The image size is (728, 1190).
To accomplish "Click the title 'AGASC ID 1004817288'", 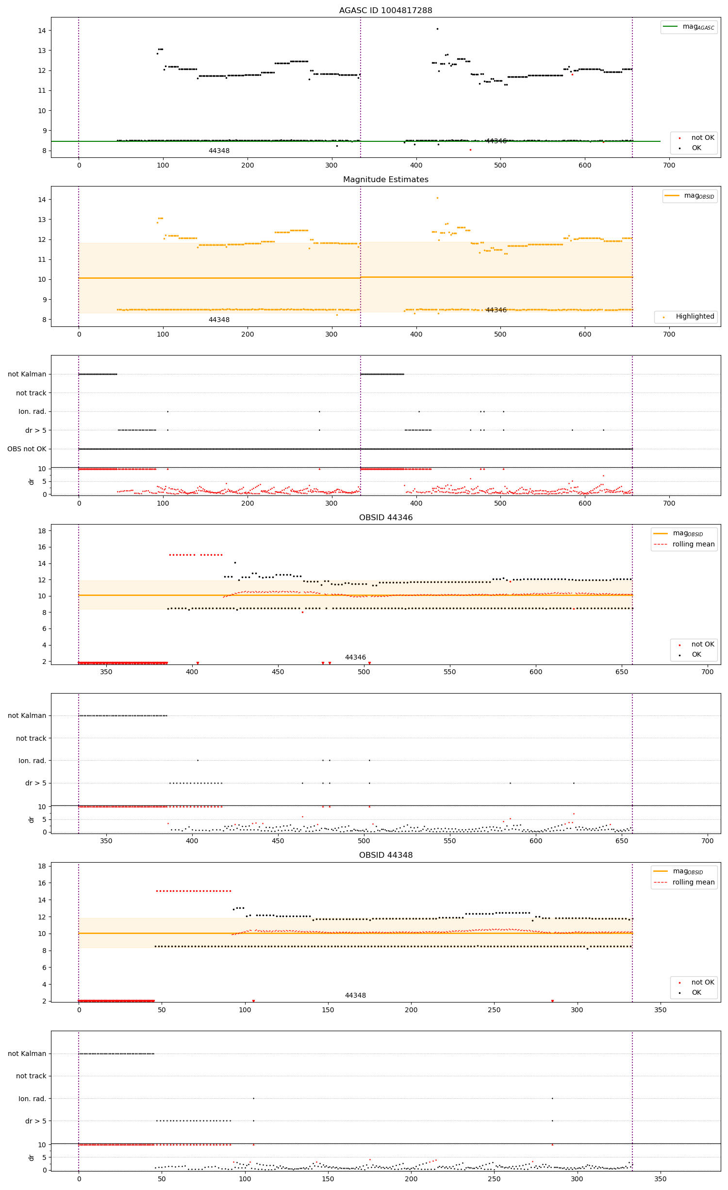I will [x=385, y=10].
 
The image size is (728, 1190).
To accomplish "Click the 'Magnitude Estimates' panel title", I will [x=385, y=179].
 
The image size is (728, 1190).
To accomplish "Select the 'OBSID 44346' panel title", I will [x=385, y=517].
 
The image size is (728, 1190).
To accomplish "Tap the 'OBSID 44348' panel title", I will [x=385, y=855].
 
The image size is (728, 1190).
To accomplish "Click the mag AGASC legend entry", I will [x=689, y=27].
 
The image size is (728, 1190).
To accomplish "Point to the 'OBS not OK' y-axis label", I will [x=27, y=449].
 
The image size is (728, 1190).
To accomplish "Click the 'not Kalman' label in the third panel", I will [x=27, y=374].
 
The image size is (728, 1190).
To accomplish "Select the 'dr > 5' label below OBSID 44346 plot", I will [x=35, y=783].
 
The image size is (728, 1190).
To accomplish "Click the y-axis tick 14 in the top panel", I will [x=42, y=31].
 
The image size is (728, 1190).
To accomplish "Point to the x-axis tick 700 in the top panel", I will [x=669, y=165].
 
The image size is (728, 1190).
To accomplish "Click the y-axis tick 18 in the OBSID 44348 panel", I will [x=42, y=866].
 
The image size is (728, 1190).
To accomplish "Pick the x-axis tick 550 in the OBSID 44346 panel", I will [x=449, y=672].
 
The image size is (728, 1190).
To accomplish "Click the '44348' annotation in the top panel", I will [x=219, y=151].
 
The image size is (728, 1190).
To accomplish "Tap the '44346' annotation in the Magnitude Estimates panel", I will [x=496, y=310].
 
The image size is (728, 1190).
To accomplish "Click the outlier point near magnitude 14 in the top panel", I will [x=437, y=29].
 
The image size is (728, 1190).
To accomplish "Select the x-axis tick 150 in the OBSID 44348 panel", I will [x=328, y=1009].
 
